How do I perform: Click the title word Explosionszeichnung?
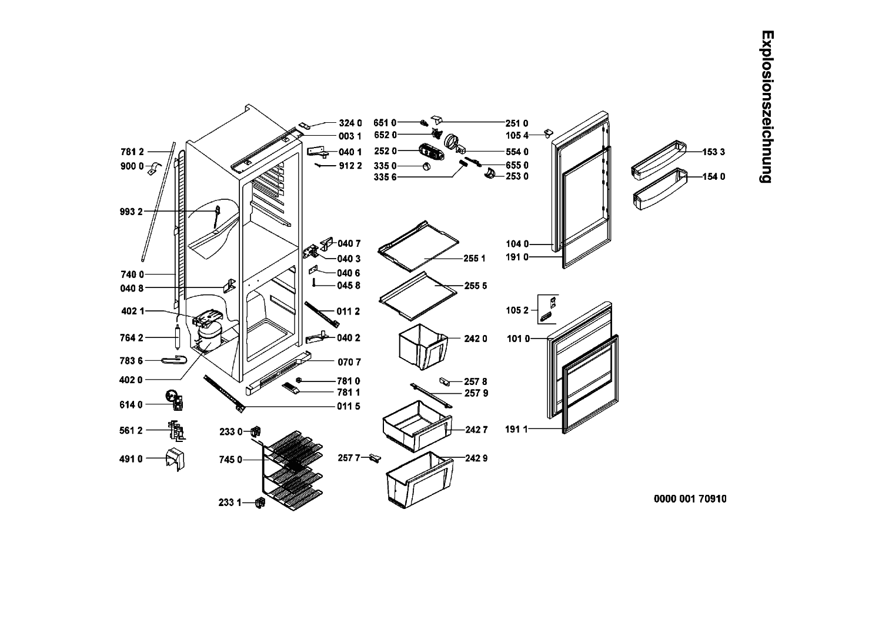(767, 106)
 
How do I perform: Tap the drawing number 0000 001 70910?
(690, 499)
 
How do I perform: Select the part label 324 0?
(350, 123)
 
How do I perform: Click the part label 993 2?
(131, 212)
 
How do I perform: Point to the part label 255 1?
(475, 259)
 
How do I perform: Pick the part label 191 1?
(516, 430)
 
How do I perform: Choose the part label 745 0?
(230, 460)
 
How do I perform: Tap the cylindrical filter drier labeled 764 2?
(178, 337)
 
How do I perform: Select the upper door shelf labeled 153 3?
(659, 160)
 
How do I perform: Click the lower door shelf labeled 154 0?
(660, 189)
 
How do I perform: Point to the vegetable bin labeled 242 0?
(423, 347)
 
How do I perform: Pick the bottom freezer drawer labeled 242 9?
(419, 480)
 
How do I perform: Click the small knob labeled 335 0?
(426, 166)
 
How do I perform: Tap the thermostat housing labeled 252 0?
(431, 152)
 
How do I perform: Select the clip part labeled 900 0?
(154, 168)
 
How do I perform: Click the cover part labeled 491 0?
(175, 459)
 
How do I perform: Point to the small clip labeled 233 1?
(260, 503)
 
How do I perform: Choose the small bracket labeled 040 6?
(313, 270)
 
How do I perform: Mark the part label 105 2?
(517, 310)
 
